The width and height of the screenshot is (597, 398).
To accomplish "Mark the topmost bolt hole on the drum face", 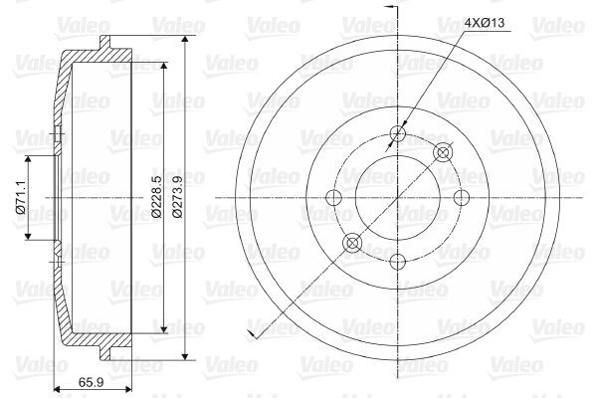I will click(399, 134).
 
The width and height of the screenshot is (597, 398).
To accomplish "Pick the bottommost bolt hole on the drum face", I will click(399, 261).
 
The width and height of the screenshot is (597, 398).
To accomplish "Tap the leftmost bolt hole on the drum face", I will click(335, 197).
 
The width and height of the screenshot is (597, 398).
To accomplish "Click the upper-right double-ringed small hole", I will click(444, 152).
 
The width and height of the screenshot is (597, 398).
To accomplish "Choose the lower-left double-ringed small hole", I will click(353, 242).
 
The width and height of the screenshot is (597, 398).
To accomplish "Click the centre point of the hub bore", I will click(399, 197).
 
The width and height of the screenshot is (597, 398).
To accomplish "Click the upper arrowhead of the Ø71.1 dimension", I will click(29, 159).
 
